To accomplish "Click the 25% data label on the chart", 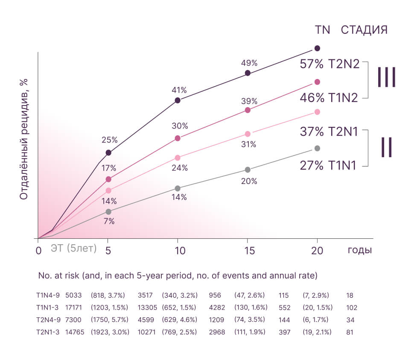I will pyautogui.click(x=110, y=140).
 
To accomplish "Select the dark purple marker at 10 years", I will pyautogui.click(x=178, y=100).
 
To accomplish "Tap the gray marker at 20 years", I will pyautogui.click(x=317, y=148).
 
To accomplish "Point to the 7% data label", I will pyautogui.click(x=109, y=221).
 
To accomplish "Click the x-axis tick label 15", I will pyautogui.click(x=248, y=250).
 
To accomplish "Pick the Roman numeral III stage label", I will pyautogui.click(x=387, y=77).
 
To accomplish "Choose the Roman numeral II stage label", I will pyautogui.click(x=387, y=147).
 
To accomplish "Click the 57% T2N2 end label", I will pyautogui.click(x=330, y=65).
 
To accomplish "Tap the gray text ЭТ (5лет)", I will pyautogui.click(x=74, y=249).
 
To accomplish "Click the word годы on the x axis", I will pyautogui.click(x=359, y=250).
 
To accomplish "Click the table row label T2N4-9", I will pyautogui.click(x=48, y=319).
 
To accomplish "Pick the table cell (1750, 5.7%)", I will pyautogui.click(x=110, y=319).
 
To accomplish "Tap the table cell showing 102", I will pyautogui.click(x=352, y=307).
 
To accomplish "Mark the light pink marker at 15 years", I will pyautogui.click(x=248, y=134).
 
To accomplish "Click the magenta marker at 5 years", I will pyautogui.click(x=108, y=179).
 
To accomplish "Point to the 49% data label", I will pyautogui.click(x=249, y=63).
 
